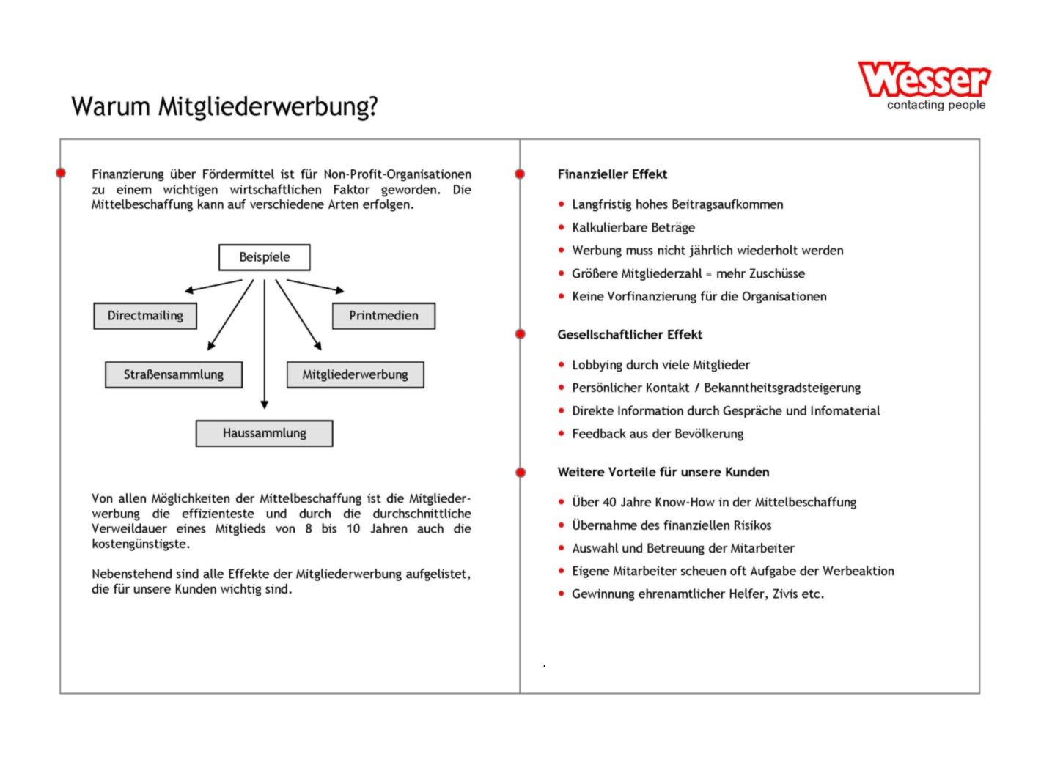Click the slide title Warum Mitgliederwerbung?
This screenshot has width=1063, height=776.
click(x=224, y=107)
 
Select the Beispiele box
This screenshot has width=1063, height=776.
click(x=265, y=257)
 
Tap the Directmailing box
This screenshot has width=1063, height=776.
click(x=145, y=316)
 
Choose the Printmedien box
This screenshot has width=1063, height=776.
click(x=383, y=316)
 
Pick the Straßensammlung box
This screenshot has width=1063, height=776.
click(x=173, y=374)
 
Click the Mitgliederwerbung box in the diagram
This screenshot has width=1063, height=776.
click(x=355, y=374)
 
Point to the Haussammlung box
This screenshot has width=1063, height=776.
click(x=264, y=433)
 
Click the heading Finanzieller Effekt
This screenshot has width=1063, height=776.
click(x=612, y=174)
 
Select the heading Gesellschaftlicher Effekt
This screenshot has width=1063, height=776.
click(x=630, y=335)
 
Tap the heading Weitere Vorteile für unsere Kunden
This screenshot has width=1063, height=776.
click(x=663, y=472)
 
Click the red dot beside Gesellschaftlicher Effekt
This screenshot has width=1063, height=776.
click(x=521, y=335)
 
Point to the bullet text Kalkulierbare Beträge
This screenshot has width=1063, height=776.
click(x=633, y=228)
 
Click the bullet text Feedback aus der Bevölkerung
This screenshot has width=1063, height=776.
click(x=658, y=434)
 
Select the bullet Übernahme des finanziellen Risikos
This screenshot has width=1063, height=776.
click(x=672, y=525)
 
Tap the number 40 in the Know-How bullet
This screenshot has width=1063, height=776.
click(x=610, y=503)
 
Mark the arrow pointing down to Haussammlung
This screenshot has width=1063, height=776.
click(x=265, y=344)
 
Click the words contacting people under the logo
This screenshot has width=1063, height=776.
click(x=936, y=106)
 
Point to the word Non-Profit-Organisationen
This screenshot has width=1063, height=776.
click(x=397, y=174)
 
